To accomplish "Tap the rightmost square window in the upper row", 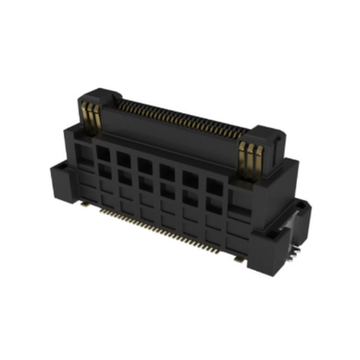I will coord(213,187).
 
